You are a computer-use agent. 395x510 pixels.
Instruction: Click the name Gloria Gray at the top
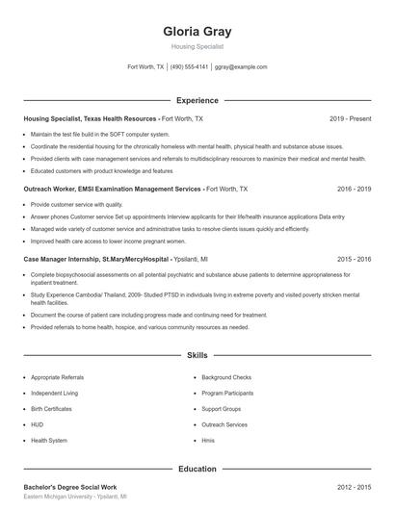point(197,31)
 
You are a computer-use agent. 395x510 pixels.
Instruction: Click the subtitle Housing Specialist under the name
point(197,45)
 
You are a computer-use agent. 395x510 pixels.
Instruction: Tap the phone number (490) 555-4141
point(190,67)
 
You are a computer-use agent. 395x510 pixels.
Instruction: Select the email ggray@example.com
point(241,67)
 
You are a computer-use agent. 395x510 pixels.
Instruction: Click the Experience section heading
point(197,100)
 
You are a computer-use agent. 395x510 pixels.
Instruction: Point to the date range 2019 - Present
point(350,118)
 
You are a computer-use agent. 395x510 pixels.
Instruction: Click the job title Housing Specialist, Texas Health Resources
point(91,118)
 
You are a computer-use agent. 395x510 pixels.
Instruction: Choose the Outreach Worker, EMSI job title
point(112,190)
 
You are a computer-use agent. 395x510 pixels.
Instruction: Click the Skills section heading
point(197,355)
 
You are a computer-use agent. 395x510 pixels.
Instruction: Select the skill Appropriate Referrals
point(58,377)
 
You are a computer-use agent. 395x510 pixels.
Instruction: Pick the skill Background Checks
point(226,377)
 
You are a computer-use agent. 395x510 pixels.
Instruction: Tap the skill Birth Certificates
point(52,409)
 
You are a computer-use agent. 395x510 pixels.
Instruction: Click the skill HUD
point(37,424)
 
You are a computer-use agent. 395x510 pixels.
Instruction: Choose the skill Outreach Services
point(224,424)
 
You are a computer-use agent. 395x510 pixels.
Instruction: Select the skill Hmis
point(208,440)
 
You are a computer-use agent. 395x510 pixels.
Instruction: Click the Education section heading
point(197,469)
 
